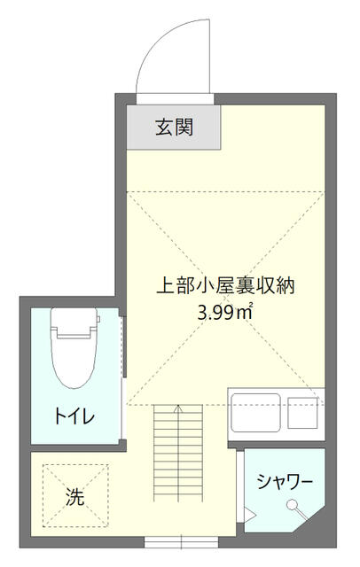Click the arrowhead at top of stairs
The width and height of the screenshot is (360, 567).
pos(180,408)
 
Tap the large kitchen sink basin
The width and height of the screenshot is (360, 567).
pos(257,413)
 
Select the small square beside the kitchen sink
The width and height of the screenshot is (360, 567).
pos(303,413)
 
